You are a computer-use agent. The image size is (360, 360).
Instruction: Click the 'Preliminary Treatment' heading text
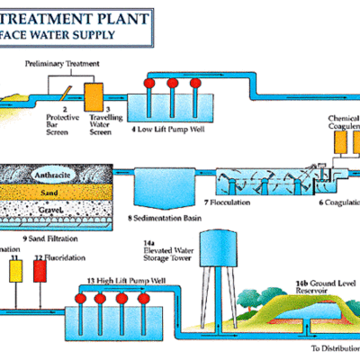[61, 65]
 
